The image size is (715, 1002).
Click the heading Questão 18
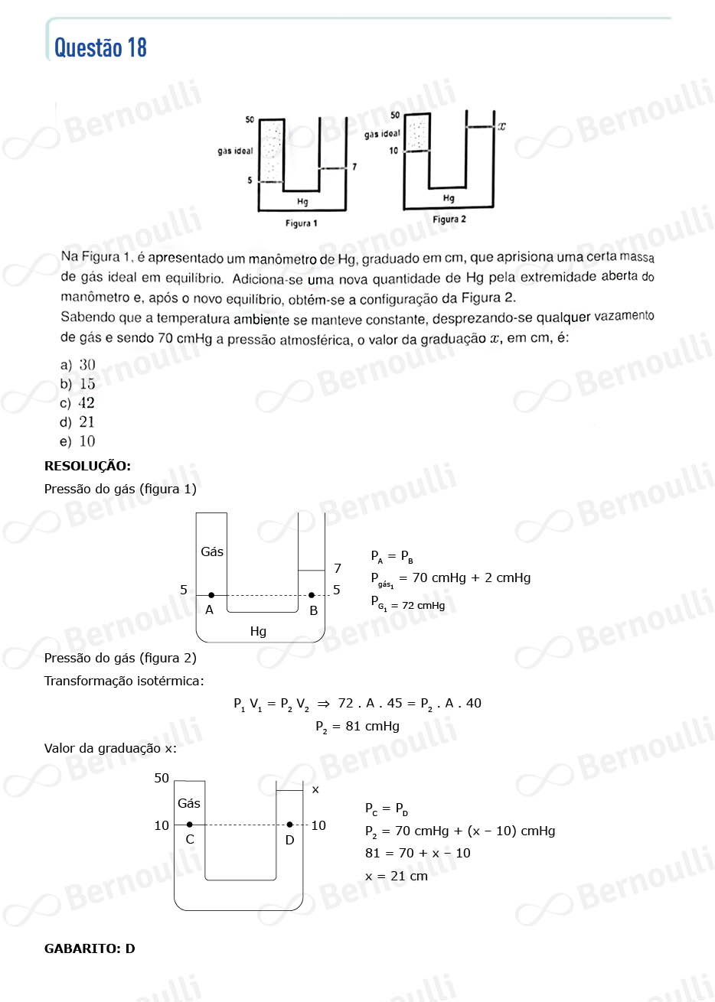(100, 47)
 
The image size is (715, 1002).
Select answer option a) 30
(78, 365)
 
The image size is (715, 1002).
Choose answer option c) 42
(78, 403)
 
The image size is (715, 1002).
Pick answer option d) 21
(78, 422)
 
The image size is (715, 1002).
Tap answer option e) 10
(78, 441)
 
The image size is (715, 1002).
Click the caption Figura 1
(301, 223)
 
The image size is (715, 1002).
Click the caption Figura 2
(449, 220)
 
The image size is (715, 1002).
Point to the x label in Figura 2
(502, 126)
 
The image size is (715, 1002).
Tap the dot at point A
(211, 595)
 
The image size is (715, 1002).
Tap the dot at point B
(311, 595)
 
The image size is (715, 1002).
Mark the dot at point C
(190, 825)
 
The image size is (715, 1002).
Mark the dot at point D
(289, 825)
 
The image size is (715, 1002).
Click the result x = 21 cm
(397, 876)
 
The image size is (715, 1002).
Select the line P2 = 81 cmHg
(357, 726)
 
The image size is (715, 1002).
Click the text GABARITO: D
(90, 948)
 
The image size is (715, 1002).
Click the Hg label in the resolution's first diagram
(258, 631)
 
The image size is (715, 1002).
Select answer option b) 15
(78, 384)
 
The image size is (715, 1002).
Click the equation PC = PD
(387, 809)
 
